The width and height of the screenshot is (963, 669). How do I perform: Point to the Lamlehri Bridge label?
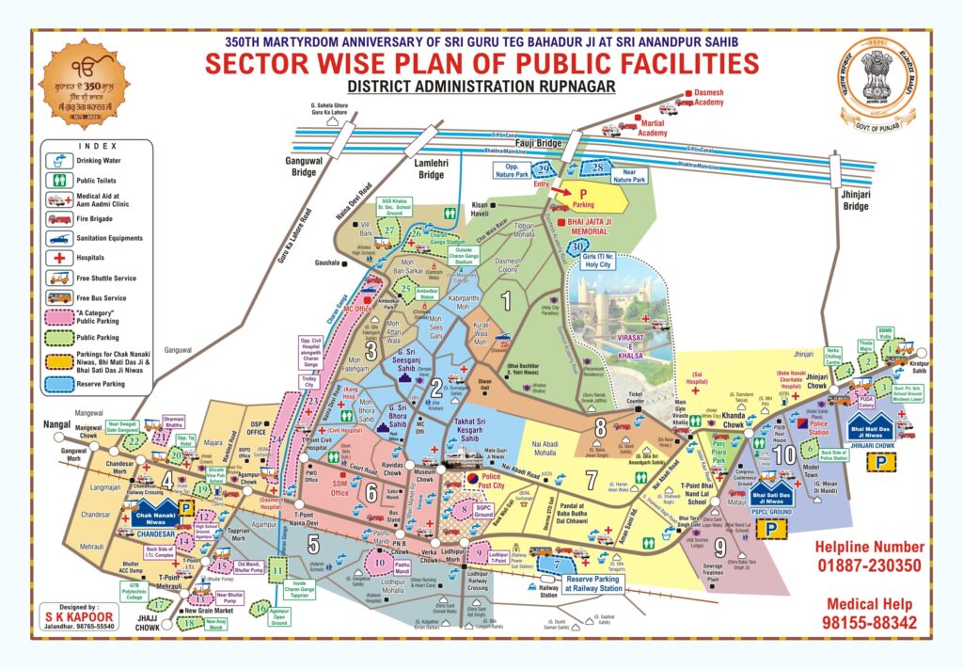(430, 169)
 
